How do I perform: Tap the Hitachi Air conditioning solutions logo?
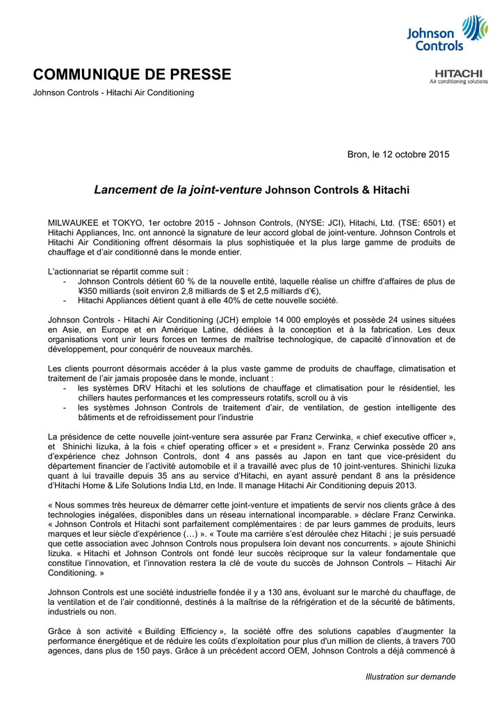point(458,76)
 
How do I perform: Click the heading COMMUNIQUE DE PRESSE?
point(132,74)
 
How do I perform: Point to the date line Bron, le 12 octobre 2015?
point(398,154)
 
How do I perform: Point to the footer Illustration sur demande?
point(410,677)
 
